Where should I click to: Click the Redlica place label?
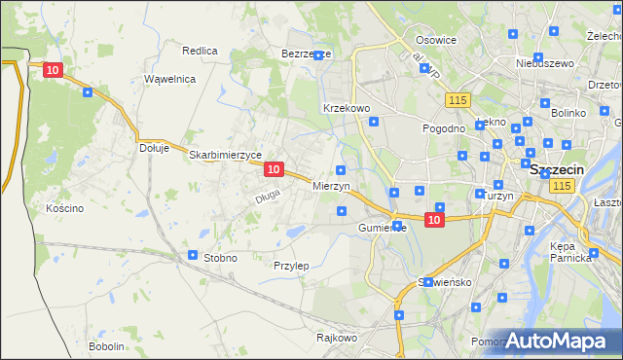coord(200,50)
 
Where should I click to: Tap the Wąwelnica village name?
coord(169,78)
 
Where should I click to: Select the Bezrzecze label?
coord(306,54)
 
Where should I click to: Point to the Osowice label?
coord(436,40)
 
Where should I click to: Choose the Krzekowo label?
coord(346,108)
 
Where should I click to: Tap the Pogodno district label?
coord(443,128)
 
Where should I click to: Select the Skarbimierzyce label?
coord(225,155)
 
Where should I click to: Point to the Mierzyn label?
coord(331,185)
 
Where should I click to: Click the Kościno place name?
coord(65,208)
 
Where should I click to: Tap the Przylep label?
coord(291,266)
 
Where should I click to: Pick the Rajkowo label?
coord(337,339)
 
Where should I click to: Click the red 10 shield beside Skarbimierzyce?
coord(274,169)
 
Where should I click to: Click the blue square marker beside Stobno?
coord(193,255)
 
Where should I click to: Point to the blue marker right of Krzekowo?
coord(374,122)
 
